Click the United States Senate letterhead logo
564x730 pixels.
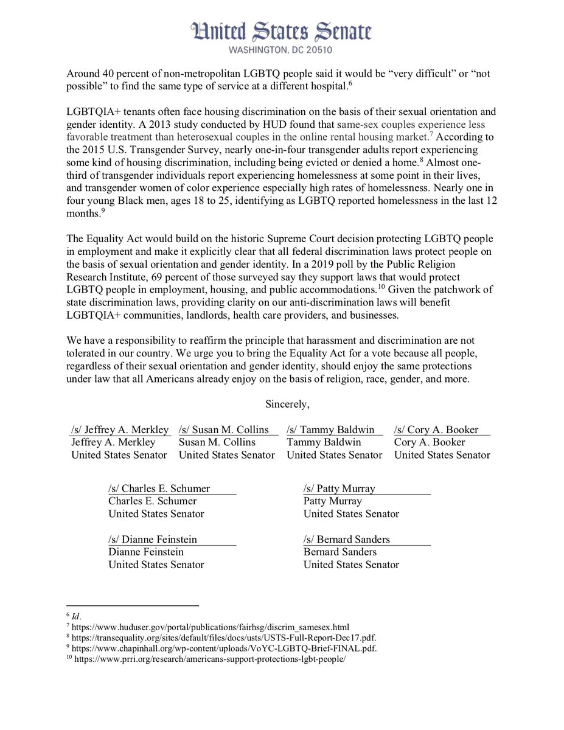(281, 30)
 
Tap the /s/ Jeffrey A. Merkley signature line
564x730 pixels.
(120, 430)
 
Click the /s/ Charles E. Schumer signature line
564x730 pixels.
(159, 488)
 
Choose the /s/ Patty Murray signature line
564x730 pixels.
(339, 488)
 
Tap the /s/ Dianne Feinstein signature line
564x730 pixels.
(153, 539)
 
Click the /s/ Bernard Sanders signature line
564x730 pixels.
(347, 539)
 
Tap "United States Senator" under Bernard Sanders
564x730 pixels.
(351, 565)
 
